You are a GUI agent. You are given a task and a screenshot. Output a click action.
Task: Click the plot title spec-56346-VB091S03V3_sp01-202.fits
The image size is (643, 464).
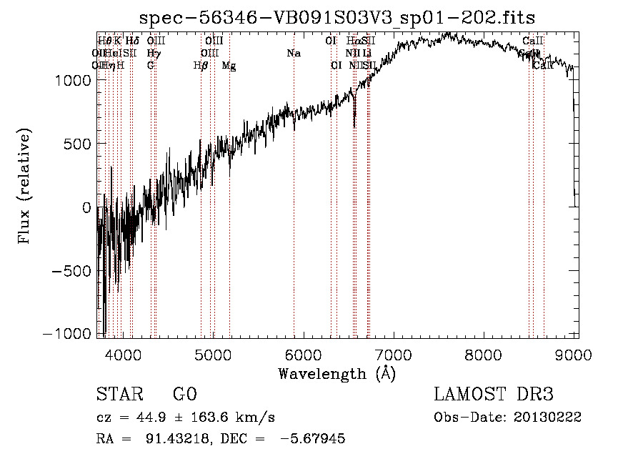pyautogui.click(x=337, y=17)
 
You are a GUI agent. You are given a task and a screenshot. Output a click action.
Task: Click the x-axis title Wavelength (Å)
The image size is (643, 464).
pyautogui.click(x=337, y=373)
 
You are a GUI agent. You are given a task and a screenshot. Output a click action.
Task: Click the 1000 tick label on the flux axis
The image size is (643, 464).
pyautogui.click(x=73, y=81)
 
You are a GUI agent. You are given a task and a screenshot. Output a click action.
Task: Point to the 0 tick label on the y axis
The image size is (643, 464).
pyautogui.click(x=86, y=208)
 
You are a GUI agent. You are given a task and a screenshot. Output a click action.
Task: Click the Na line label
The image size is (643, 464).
pyautogui.click(x=294, y=54)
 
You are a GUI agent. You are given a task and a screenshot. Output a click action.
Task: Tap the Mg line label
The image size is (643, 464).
pyautogui.click(x=229, y=66)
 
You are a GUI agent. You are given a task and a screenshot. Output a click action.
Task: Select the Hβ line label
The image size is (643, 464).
pyautogui.click(x=201, y=66)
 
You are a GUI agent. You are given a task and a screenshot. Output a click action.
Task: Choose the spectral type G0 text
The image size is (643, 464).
pyautogui.click(x=184, y=395)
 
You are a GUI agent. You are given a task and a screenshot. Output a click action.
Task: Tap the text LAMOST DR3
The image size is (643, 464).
pyautogui.click(x=494, y=395)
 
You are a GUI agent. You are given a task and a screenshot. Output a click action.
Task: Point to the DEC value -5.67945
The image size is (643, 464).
pyautogui.click(x=314, y=439)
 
